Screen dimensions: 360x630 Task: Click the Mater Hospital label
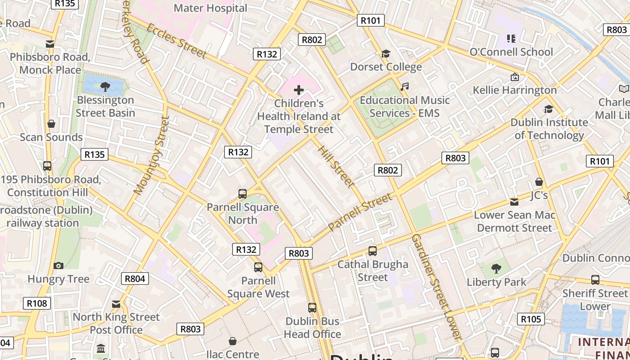tap(210, 8)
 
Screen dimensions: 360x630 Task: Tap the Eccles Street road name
tap(176, 41)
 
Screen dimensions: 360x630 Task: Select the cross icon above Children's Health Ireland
tap(298, 90)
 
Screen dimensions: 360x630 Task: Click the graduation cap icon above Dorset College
tap(386, 54)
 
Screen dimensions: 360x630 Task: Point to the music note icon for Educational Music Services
tap(405, 86)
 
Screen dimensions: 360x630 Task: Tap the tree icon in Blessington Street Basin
tap(105, 86)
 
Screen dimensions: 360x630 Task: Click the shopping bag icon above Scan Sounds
tap(51, 124)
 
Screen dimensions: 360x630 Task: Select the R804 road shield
tap(135, 279)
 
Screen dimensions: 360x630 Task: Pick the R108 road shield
tap(37, 303)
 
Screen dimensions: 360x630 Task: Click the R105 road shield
tap(531, 319)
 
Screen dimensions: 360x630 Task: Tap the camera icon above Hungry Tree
tap(58, 265)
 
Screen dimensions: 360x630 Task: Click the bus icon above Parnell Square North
tap(243, 194)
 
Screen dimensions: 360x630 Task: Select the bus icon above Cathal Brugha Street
tap(373, 251)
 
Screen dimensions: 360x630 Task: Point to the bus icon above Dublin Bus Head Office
tap(312, 308)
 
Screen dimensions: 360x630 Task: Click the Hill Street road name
tap(336, 166)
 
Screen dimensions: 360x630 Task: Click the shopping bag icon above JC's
tap(539, 182)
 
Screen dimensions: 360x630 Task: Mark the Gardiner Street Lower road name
tap(436, 286)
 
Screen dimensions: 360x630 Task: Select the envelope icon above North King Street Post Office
tap(116, 304)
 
